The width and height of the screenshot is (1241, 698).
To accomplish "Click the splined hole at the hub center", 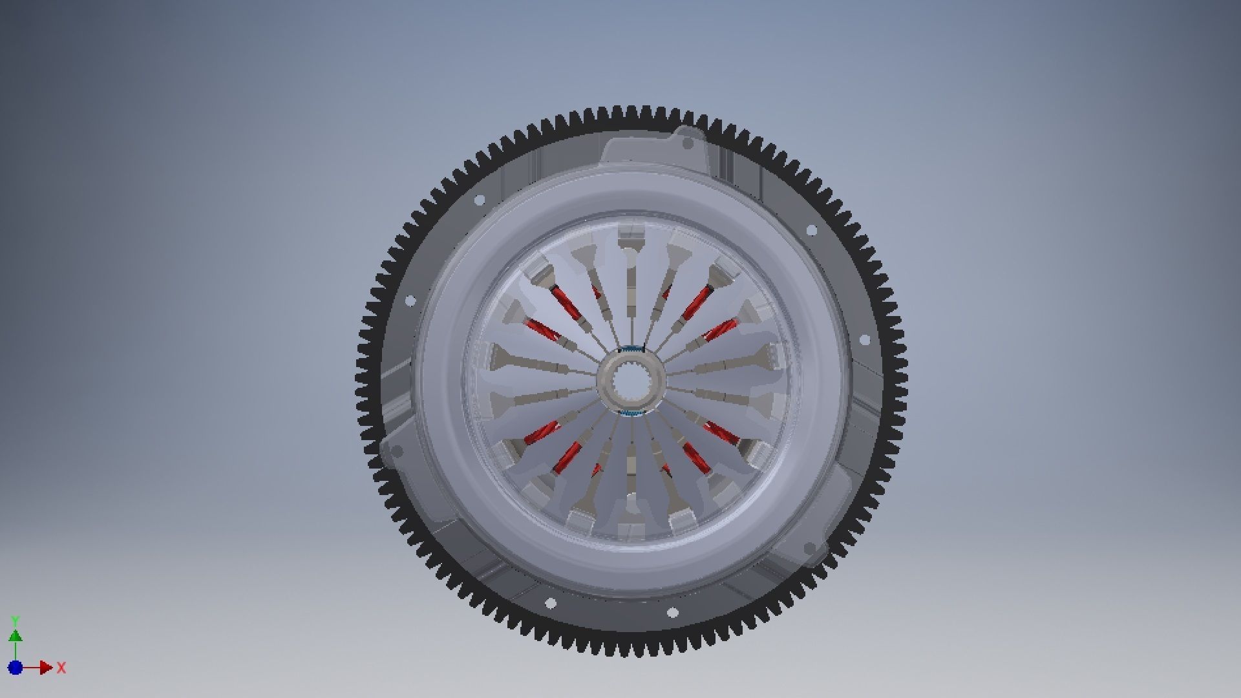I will (630, 381).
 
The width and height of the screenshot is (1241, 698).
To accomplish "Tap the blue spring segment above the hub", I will (630, 350).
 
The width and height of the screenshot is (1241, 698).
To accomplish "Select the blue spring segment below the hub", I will (630, 412).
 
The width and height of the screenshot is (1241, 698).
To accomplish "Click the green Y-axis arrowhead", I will (16, 636).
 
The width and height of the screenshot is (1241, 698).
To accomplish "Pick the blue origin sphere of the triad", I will (16, 668).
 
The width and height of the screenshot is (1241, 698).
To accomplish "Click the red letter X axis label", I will (61, 668).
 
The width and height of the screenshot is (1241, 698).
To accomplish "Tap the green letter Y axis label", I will (16, 621).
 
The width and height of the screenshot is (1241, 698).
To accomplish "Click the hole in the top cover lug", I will (688, 143).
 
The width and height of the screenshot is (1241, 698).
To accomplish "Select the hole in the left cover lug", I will (396, 450).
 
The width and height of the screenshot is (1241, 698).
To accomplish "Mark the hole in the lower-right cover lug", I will (810, 548).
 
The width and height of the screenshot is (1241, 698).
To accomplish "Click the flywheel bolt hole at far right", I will (865, 339).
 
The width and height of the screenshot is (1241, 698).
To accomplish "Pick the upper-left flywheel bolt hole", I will (480, 200).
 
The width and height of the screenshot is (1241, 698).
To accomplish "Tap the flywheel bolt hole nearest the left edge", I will (410, 301).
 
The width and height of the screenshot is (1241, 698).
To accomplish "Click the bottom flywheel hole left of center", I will (551, 604).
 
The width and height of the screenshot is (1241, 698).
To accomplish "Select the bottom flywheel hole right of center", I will (672, 612).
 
